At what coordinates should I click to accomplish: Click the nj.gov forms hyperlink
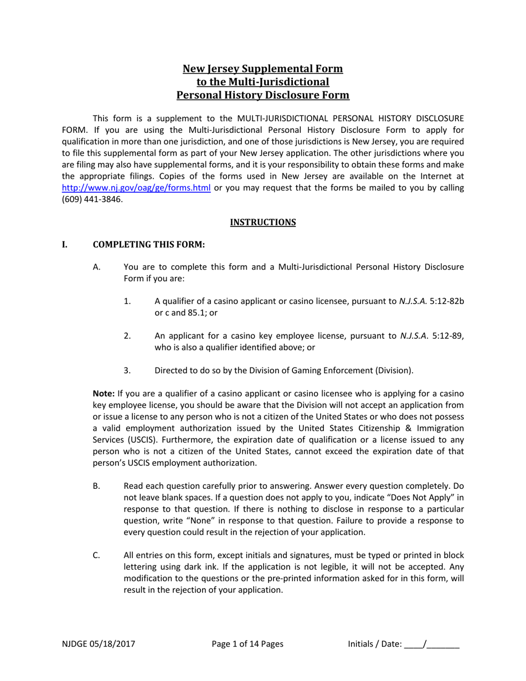pos(136,188)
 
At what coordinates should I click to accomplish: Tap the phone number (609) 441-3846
pos(92,199)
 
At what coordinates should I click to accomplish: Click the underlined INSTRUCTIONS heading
pos(262,222)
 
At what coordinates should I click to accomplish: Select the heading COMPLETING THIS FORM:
pos(148,244)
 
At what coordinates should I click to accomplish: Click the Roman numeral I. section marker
pos(65,244)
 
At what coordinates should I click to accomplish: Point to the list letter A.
pos(96,267)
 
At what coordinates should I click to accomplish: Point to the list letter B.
pos(96,486)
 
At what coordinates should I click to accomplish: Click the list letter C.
pos(96,555)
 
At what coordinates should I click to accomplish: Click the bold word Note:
pos(104,394)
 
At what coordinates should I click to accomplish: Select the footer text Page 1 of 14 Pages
pos(247,643)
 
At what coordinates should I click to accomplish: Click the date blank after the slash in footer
pos(444,644)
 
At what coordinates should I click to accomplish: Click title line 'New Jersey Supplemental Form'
pos(262,69)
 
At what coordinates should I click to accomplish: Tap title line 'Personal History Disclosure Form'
pos(262,95)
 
